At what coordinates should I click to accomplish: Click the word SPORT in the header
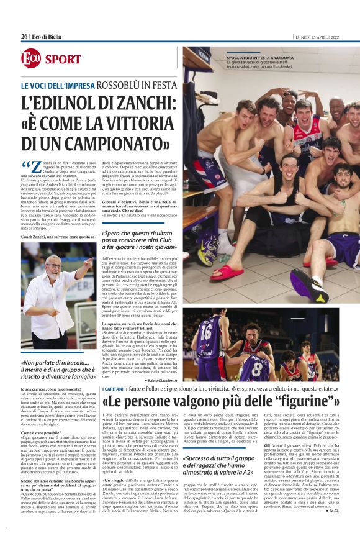(63, 60)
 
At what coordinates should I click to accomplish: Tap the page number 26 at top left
(24, 37)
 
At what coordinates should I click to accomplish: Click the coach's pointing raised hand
(89, 265)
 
